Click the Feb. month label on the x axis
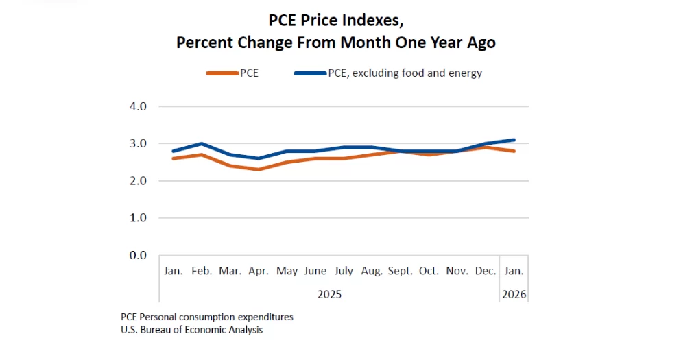pyautogui.click(x=202, y=271)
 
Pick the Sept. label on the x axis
pyautogui.click(x=401, y=271)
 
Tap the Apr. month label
pyautogui.click(x=259, y=271)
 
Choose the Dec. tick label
pyautogui.click(x=486, y=271)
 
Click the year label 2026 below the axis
pyautogui.click(x=514, y=294)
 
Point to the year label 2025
pyautogui.click(x=329, y=294)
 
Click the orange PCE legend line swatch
pyautogui.click(x=222, y=73)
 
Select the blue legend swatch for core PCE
pyautogui.click(x=310, y=73)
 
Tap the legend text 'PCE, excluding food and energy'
pyautogui.click(x=405, y=73)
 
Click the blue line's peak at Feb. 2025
pyautogui.click(x=202, y=143)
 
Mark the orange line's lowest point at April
pyautogui.click(x=259, y=169)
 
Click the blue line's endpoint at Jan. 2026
pyautogui.click(x=514, y=140)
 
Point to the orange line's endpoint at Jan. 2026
pyautogui.click(x=514, y=151)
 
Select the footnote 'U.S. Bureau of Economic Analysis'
pyautogui.click(x=191, y=330)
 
